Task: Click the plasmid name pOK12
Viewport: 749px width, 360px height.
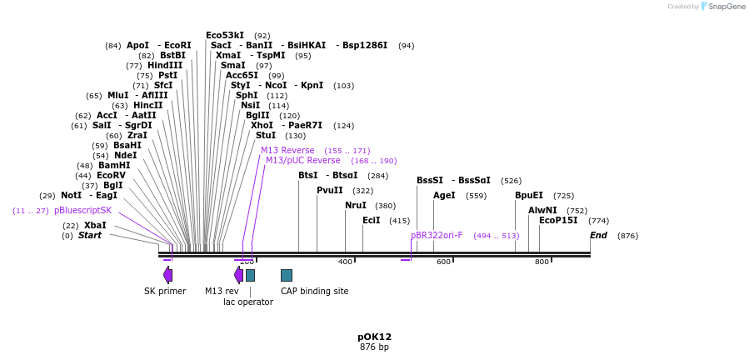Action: click(x=374, y=337)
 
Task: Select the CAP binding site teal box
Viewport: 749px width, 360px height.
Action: click(x=286, y=275)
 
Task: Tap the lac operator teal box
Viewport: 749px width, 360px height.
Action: click(x=250, y=275)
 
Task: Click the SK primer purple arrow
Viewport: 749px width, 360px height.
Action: click(x=168, y=275)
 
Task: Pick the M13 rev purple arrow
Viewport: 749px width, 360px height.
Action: click(x=239, y=275)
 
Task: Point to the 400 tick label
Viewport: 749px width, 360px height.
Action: click(x=345, y=262)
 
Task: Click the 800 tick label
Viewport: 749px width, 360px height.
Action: click(x=542, y=262)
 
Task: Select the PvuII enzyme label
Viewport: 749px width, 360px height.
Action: click(x=329, y=190)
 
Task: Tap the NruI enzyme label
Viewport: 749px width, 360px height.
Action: click(x=355, y=205)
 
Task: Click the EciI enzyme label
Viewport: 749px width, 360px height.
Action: click(x=371, y=220)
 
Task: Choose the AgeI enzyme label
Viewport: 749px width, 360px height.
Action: click(x=444, y=195)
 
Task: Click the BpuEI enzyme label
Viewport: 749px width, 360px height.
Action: click(x=528, y=195)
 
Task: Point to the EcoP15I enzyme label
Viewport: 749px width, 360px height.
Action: click(x=557, y=220)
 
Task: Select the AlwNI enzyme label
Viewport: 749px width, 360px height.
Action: click(x=542, y=210)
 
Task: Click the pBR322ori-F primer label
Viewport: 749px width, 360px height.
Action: click(x=437, y=235)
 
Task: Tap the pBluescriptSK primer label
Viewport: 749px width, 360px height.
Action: click(x=82, y=210)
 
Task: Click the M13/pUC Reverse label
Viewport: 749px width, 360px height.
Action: click(x=302, y=160)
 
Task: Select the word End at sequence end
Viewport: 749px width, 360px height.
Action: click(x=598, y=235)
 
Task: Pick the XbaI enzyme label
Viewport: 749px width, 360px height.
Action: click(x=95, y=225)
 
